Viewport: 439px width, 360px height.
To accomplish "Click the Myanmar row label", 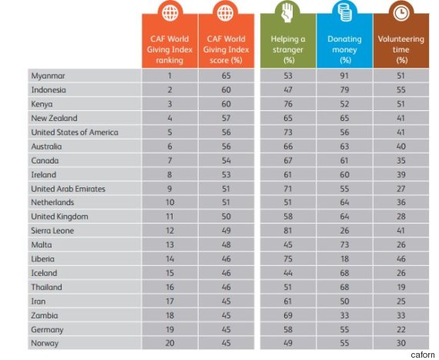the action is point(48,76).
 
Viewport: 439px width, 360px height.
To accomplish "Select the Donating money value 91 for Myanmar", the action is point(344,76).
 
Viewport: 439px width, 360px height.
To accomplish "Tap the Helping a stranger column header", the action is point(288,49).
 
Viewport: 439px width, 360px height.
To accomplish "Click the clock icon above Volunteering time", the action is point(401,12).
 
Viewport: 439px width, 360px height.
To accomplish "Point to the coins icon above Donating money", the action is point(344,12).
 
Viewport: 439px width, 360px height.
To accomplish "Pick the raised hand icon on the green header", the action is point(287,12).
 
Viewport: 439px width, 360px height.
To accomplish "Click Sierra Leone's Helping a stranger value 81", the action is point(288,230).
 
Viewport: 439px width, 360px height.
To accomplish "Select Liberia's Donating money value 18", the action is point(344,259).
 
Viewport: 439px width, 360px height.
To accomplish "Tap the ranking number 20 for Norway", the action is point(169,343).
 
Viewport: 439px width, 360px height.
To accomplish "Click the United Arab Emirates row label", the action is point(68,189).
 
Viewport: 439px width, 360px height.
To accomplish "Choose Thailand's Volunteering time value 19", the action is point(401,288).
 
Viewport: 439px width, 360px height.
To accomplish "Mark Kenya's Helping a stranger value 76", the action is point(288,104).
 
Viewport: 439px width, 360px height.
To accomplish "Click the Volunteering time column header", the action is point(401,49).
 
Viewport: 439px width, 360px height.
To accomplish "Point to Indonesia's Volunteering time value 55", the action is point(401,90).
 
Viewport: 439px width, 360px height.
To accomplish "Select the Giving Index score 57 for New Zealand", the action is point(226,118).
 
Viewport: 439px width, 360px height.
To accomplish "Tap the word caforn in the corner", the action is point(423,355).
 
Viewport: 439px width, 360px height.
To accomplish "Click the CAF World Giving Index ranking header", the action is point(169,49).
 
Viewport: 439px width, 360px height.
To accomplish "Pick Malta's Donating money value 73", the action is point(344,245).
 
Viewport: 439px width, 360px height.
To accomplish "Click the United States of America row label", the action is point(75,133).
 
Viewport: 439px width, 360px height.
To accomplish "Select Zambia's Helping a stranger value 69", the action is point(288,315).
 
